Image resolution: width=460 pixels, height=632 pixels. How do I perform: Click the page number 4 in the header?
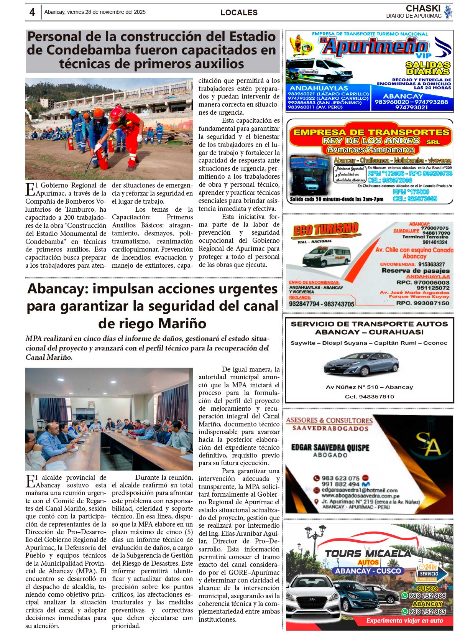[x=32, y=12]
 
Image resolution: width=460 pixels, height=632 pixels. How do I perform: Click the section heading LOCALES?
[x=239, y=13]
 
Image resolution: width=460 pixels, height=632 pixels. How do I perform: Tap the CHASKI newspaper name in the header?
[x=423, y=8]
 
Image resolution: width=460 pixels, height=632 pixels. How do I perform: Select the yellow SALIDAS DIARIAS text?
[x=428, y=68]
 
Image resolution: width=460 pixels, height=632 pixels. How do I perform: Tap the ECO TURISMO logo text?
[x=325, y=230]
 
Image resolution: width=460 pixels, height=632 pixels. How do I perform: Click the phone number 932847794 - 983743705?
[x=322, y=304]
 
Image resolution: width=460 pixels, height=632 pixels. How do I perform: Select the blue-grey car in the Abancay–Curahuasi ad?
[x=361, y=363]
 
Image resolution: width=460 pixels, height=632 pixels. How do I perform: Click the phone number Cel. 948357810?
[x=369, y=397]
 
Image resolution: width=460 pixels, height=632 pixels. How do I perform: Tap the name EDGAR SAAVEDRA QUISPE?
[x=330, y=448]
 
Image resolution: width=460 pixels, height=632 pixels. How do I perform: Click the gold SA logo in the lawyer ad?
[x=429, y=444]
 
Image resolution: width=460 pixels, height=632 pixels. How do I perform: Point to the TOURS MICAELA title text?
[x=368, y=553]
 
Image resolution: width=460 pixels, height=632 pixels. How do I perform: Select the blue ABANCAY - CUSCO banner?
[x=368, y=571]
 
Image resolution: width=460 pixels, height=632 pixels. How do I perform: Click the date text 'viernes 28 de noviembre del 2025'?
[x=106, y=12]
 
